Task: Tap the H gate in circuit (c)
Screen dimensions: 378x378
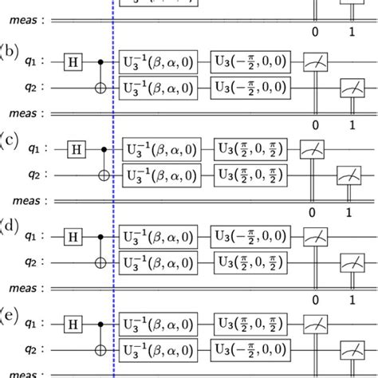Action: click(77, 148)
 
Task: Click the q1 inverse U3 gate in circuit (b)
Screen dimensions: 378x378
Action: click(159, 61)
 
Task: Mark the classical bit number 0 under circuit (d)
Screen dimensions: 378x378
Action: click(316, 300)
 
